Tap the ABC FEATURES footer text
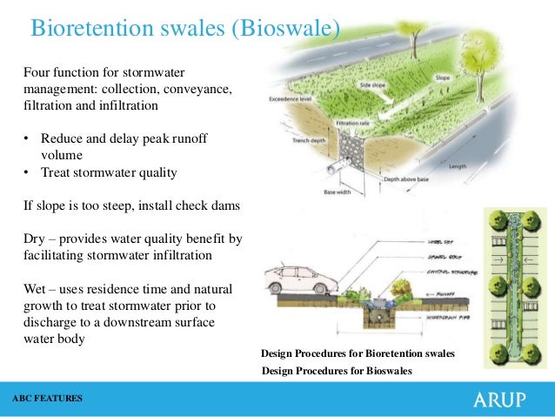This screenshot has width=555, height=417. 48,399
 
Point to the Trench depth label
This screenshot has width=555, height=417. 309,140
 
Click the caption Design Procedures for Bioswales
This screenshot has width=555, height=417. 337,371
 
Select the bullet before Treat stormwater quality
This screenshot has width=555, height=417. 27,172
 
